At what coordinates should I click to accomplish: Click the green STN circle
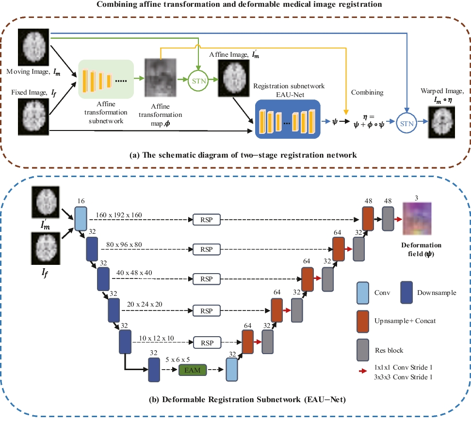point(198,81)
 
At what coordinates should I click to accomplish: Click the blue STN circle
point(406,123)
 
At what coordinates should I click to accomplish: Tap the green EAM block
point(193,370)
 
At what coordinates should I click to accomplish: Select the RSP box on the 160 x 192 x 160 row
point(206,220)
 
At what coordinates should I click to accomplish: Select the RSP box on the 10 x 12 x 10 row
point(207,343)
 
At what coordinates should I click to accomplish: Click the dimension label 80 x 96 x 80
point(124,244)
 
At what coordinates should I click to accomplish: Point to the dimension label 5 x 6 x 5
point(178,359)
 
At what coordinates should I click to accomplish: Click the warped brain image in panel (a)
point(441,122)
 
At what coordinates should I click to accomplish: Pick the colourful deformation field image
point(417,218)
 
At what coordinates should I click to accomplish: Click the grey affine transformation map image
point(161,78)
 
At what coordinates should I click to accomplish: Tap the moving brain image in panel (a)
point(33,47)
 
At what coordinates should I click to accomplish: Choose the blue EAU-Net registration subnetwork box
point(288,119)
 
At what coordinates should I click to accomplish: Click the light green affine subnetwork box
point(106,79)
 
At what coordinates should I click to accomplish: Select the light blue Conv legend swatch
point(363,293)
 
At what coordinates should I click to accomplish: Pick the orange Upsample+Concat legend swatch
point(363,322)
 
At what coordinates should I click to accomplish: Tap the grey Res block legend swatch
point(363,350)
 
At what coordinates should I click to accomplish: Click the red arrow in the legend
point(363,371)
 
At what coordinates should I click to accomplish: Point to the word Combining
point(367,93)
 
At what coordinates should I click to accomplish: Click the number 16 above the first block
point(81,201)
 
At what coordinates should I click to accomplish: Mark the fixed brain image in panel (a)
point(33,117)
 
